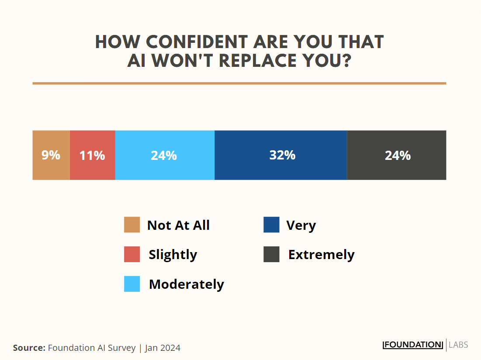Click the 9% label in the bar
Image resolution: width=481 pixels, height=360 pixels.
pyautogui.click(x=51, y=155)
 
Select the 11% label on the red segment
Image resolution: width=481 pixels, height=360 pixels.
pyautogui.click(x=92, y=155)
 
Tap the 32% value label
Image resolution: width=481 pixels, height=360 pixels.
pyautogui.click(x=282, y=155)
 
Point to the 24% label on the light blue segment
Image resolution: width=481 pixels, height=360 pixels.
pyautogui.click(x=164, y=155)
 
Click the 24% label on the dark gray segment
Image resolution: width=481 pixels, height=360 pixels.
pyautogui.click(x=398, y=155)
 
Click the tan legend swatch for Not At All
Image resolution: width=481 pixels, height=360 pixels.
pyautogui.click(x=132, y=225)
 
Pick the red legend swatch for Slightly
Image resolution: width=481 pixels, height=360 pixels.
pyautogui.click(x=132, y=254)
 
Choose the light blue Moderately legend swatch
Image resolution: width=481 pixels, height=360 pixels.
pyautogui.click(x=132, y=284)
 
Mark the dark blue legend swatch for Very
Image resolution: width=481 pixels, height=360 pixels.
pyautogui.click(x=271, y=225)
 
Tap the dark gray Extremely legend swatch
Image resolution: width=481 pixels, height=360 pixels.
pyautogui.click(x=271, y=254)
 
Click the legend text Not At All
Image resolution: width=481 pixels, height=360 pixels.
pyautogui.click(x=178, y=225)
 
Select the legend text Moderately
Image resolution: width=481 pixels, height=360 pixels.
pyautogui.click(x=186, y=284)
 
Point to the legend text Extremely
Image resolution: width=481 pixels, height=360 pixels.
pyautogui.click(x=321, y=255)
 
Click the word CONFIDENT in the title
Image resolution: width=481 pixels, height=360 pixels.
pyautogui.click(x=196, y=42)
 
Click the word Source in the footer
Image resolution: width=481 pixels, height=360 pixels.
pyautogui.click(x=29, y=348)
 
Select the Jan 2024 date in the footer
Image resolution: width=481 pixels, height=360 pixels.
pyautogui.click(x=163, y=348)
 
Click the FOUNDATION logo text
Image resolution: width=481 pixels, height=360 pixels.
pyautogui.click(x=413, y=345)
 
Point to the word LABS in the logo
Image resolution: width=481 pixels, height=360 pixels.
pyautogui.click(x=458, y=345)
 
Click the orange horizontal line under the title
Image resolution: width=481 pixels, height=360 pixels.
pyautogui.click(x=239, y=83)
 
